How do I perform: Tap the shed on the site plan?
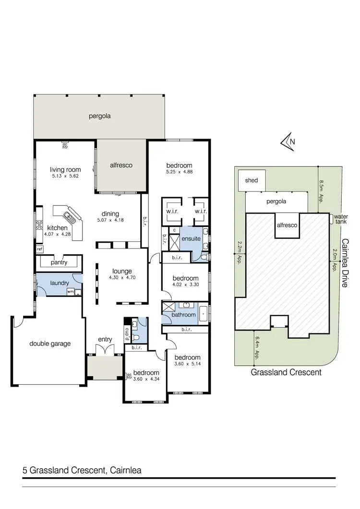252,180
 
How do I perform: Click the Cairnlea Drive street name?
345,263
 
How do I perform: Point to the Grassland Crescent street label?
286,372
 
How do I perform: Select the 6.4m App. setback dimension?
257,347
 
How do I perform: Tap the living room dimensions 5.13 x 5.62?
65,176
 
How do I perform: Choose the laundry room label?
60,283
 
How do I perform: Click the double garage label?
50,343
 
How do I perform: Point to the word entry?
105,339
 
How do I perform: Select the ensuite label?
191,239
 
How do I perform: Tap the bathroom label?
185,315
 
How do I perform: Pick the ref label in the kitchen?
39,249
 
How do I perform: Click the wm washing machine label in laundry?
70,291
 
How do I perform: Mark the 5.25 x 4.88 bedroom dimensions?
179,172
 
